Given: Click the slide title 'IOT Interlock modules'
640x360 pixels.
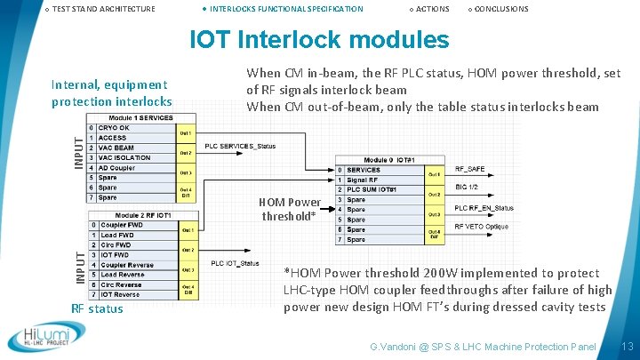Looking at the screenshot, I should tap(320, 40).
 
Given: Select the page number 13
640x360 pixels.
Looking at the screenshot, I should tap(628, 345).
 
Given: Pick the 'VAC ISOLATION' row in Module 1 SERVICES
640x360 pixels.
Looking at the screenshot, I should tap(124, 157).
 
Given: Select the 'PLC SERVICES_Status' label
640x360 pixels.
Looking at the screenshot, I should tap(240, 146).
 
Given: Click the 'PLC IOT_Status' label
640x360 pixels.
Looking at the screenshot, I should tap(235, 263).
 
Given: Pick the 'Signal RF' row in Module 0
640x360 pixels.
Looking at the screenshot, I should tap(364, 180).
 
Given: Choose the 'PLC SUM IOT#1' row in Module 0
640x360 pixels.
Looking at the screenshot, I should tap(372, 190).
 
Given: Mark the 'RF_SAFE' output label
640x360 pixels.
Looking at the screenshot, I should tap(470, 167).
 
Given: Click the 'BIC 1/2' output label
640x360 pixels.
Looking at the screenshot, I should tap(467, 188).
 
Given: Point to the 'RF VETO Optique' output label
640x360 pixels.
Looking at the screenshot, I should tap(483, 227).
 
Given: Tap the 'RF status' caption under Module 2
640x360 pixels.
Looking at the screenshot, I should tap(96, 308).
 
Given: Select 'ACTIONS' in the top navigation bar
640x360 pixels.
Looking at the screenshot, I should tap(432, 9).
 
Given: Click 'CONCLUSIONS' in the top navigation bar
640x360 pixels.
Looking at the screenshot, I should tap(501, 9).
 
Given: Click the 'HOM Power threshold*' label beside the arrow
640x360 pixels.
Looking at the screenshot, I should tap(290, 209).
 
